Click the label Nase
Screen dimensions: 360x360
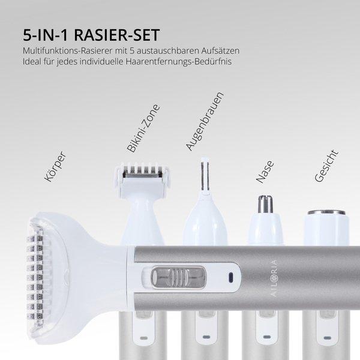[264, 170]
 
